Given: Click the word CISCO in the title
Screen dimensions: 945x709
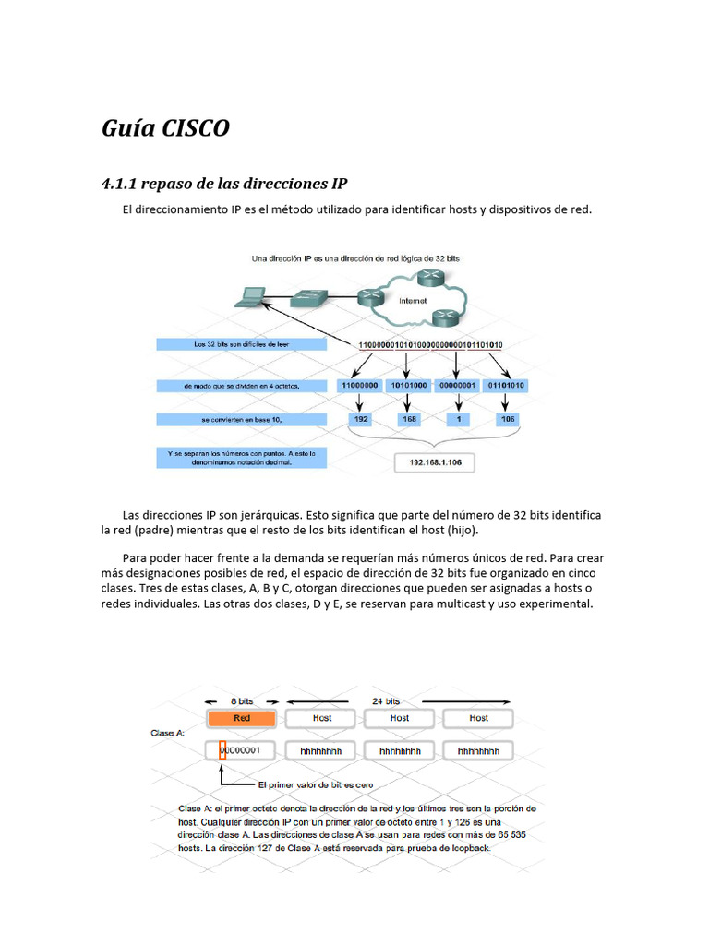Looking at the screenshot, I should [x=196, y=128].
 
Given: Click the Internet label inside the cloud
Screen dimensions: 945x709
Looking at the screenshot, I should [x=413, y=301].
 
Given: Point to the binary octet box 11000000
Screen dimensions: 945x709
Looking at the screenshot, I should [x=360, y=385].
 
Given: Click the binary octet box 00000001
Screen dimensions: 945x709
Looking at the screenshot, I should [x=457, y=385].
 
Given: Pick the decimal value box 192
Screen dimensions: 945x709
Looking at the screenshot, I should [x=360, y=418].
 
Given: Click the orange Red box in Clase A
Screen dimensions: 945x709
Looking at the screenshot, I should [x=242, y=718].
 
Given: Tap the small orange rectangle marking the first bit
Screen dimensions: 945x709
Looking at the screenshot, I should [x=222, y=750].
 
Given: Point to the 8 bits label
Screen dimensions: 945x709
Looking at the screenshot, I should [x=242, y=700].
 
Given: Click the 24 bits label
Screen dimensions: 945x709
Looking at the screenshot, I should [x=385, y=700].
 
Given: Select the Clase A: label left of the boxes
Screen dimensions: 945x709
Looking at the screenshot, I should [x=168, y=733].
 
